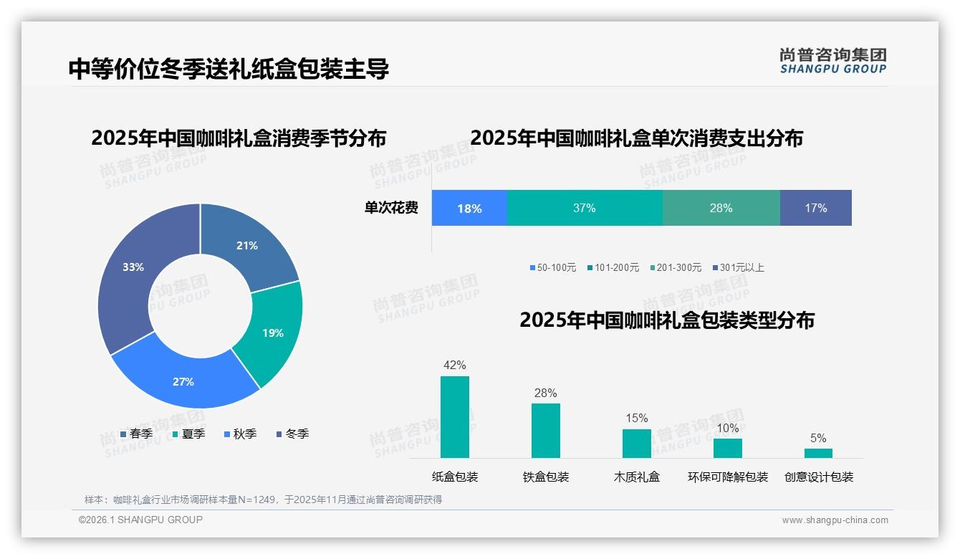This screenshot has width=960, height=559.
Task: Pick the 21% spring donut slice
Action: pos(247,245)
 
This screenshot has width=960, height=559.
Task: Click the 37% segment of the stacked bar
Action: pos(584,208)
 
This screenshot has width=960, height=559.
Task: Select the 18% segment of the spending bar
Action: pos(469,208)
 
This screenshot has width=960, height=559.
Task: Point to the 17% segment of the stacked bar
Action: pos(815,208)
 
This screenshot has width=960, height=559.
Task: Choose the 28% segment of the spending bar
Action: pos(721,208)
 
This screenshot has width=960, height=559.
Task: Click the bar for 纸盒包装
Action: pos(454,417)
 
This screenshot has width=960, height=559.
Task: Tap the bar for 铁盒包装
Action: pos(545,430)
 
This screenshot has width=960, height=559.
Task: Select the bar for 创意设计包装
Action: pos(818,453)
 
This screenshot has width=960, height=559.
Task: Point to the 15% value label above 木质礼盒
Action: pos(636,418)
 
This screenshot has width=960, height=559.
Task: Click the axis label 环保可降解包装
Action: pos(727,477)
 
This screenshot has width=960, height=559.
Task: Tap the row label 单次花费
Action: pos(391,208)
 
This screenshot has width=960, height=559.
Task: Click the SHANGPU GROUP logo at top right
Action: pos(832,60)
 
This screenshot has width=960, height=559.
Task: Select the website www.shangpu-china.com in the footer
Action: pos(835,520)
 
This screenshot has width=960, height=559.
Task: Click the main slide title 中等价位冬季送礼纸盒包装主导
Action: pos(229,69)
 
